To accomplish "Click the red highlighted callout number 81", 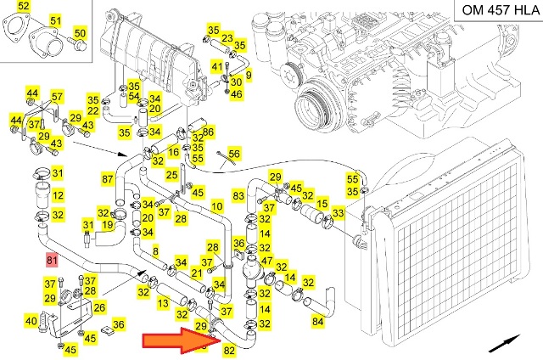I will pyautogui.click(x=52, y=260).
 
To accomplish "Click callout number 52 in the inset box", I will pyautogui.click(x=24, y=8).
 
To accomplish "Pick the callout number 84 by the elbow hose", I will pyautogui.click(x=318, y=321).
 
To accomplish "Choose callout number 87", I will pyautogui.click(x=108, y=179).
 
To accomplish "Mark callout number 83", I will pyautogui.click(x=238, y=196).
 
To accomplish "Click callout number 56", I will pyautogui.click(x=234, y=154).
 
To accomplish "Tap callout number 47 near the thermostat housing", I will pyautogui.click(x=266, y=261).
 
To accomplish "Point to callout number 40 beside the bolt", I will pyautogui.click(x=31, y=321).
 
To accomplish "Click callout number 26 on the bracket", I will pyautogui.click(x=99, y=307).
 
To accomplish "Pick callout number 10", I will pyautogui.click(x=216, y=206).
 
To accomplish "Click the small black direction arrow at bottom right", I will pyautogui.click(x=506, y=343).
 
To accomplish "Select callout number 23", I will pyautogui.click(x=227, y=38).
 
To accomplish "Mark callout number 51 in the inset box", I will pyautogui.click(x=56, y=20).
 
